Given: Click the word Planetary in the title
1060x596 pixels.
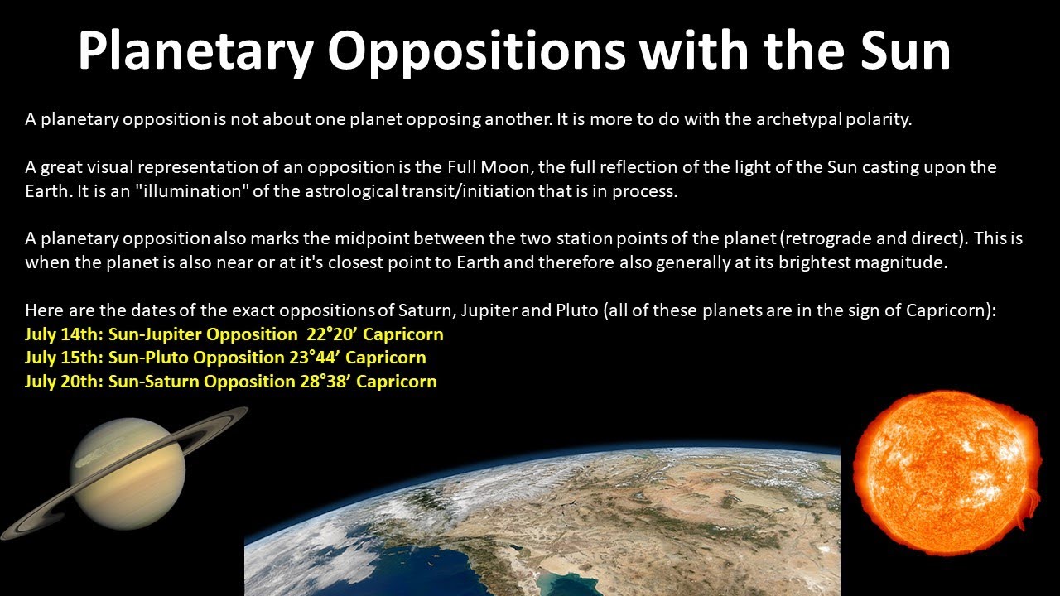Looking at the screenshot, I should (195, 51).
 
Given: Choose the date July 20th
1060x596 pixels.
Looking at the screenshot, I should (61, 382).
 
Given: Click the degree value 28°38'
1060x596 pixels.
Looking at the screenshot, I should (323, 382).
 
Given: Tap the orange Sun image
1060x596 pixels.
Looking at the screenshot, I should (945, 464).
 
